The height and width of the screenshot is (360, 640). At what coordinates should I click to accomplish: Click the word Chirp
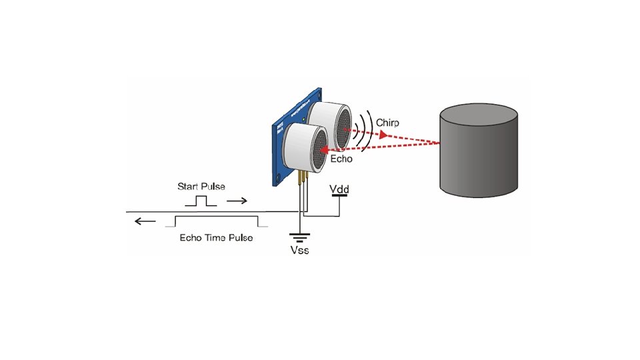point(387,123)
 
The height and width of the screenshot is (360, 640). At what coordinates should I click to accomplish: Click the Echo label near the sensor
point(341,159)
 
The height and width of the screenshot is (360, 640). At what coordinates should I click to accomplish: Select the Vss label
point(300,250)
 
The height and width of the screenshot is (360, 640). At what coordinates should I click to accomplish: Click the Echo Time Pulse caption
point(216,238)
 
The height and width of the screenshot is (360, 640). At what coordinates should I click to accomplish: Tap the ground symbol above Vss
point(300,237)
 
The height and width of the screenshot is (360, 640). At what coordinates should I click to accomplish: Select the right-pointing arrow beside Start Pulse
point(237,200)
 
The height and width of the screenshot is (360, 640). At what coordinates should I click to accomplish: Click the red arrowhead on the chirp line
point(384,135)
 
